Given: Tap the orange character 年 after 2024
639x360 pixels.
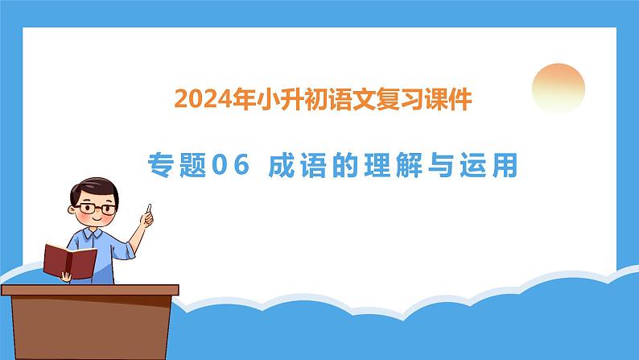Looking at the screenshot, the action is tap(244, 100).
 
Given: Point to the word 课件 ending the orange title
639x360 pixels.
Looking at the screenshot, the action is tap(448, 100).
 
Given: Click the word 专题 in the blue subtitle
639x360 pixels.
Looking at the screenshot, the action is tap(177, 165).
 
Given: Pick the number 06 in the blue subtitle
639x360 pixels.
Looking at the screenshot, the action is tap(231, 165).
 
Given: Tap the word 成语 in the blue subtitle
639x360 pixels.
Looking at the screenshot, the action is tap(298, 165).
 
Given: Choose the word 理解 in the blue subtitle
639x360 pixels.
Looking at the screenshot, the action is tap(394, 165).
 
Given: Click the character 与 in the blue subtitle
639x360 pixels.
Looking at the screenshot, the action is tap(441, 165).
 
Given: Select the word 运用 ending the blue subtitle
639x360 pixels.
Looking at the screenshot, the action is tap(489, 165).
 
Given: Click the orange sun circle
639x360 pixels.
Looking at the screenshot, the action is tap(559, 89).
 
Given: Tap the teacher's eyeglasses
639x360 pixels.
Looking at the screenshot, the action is tap(95, 209).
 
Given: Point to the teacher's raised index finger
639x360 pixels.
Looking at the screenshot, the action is tap(149, 209).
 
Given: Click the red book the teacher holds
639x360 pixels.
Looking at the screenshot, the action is tap(70, 262).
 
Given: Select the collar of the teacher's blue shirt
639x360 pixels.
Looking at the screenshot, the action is tap(93, 235).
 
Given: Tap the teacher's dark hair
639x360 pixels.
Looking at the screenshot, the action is tap(93, 188).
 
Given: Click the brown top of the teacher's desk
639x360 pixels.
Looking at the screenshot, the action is tap(90, 290).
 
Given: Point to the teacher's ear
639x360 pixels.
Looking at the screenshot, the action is tap(72, 209).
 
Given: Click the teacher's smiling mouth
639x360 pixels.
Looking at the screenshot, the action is tap(97, 220).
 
